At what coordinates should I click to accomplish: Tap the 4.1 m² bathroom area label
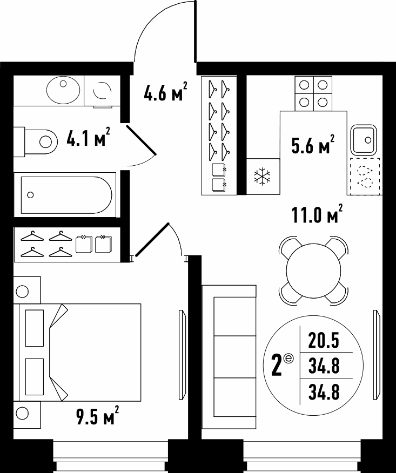coord(88,137)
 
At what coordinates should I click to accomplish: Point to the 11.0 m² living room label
coord(317,214)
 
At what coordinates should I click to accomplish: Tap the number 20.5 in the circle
coord(324,340)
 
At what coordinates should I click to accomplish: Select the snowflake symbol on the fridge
coord(263,177)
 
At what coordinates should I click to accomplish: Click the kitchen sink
coord(364,140)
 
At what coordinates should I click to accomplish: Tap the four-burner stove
coord(313,93)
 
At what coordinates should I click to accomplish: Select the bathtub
coord(65,195)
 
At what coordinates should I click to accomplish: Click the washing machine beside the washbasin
coord(102,91)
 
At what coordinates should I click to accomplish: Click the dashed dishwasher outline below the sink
coord(365,176)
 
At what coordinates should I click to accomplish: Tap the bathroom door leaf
coord(141,140)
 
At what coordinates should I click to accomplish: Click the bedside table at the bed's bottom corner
coord(27,415)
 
